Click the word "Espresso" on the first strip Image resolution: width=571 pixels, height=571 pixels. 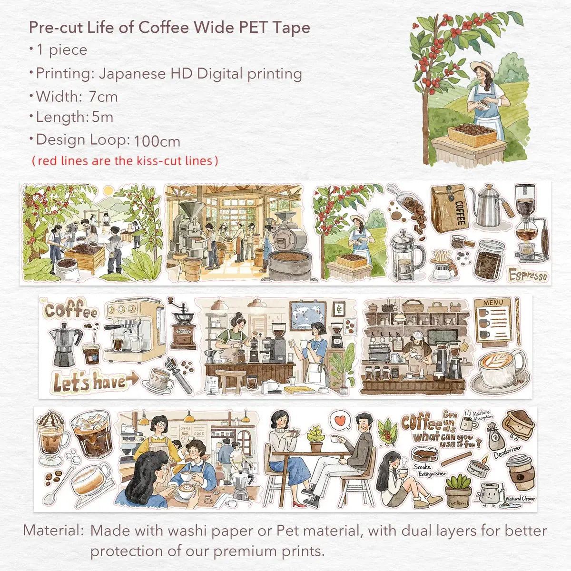(x=528, y=275)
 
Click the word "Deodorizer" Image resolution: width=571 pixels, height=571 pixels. (x=507, y=450)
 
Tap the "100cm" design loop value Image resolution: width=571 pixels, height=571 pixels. (x=157, y=141)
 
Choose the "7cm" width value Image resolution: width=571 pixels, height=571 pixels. (x=103, y=97)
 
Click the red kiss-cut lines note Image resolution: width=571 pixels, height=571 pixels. (x=125, y=161)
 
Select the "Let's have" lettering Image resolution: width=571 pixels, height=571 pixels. (x=90, y=382)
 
